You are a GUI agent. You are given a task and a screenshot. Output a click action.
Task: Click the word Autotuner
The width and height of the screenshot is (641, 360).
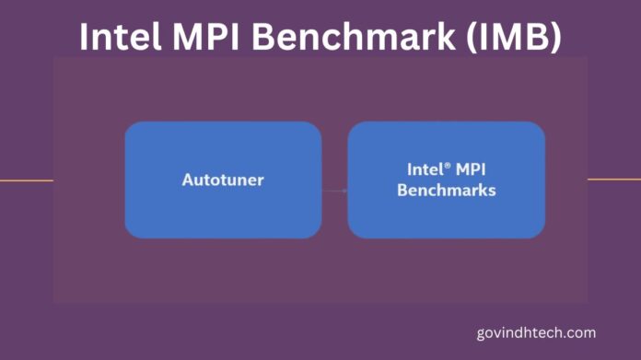pos(222,180)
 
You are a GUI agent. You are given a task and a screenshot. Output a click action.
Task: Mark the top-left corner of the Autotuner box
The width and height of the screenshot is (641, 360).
pos(127,124)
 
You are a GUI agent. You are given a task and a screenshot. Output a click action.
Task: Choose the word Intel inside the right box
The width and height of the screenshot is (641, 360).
pos(425,169)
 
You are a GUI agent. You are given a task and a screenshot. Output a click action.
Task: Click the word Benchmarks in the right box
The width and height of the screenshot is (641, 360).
pos(446,191)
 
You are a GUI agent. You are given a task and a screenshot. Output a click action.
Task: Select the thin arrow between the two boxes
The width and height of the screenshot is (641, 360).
pos(333,191)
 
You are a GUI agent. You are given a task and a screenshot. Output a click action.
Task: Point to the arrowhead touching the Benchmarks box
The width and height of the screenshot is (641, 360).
pos(344,191)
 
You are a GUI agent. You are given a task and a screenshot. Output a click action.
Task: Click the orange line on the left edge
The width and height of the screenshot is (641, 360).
pos(26,180)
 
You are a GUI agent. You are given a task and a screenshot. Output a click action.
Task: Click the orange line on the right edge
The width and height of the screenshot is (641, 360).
pos(613,179)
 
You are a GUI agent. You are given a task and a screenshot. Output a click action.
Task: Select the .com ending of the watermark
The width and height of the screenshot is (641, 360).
pos(580,332)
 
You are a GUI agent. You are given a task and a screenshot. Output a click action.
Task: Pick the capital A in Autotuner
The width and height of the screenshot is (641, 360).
pos(187,180)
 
